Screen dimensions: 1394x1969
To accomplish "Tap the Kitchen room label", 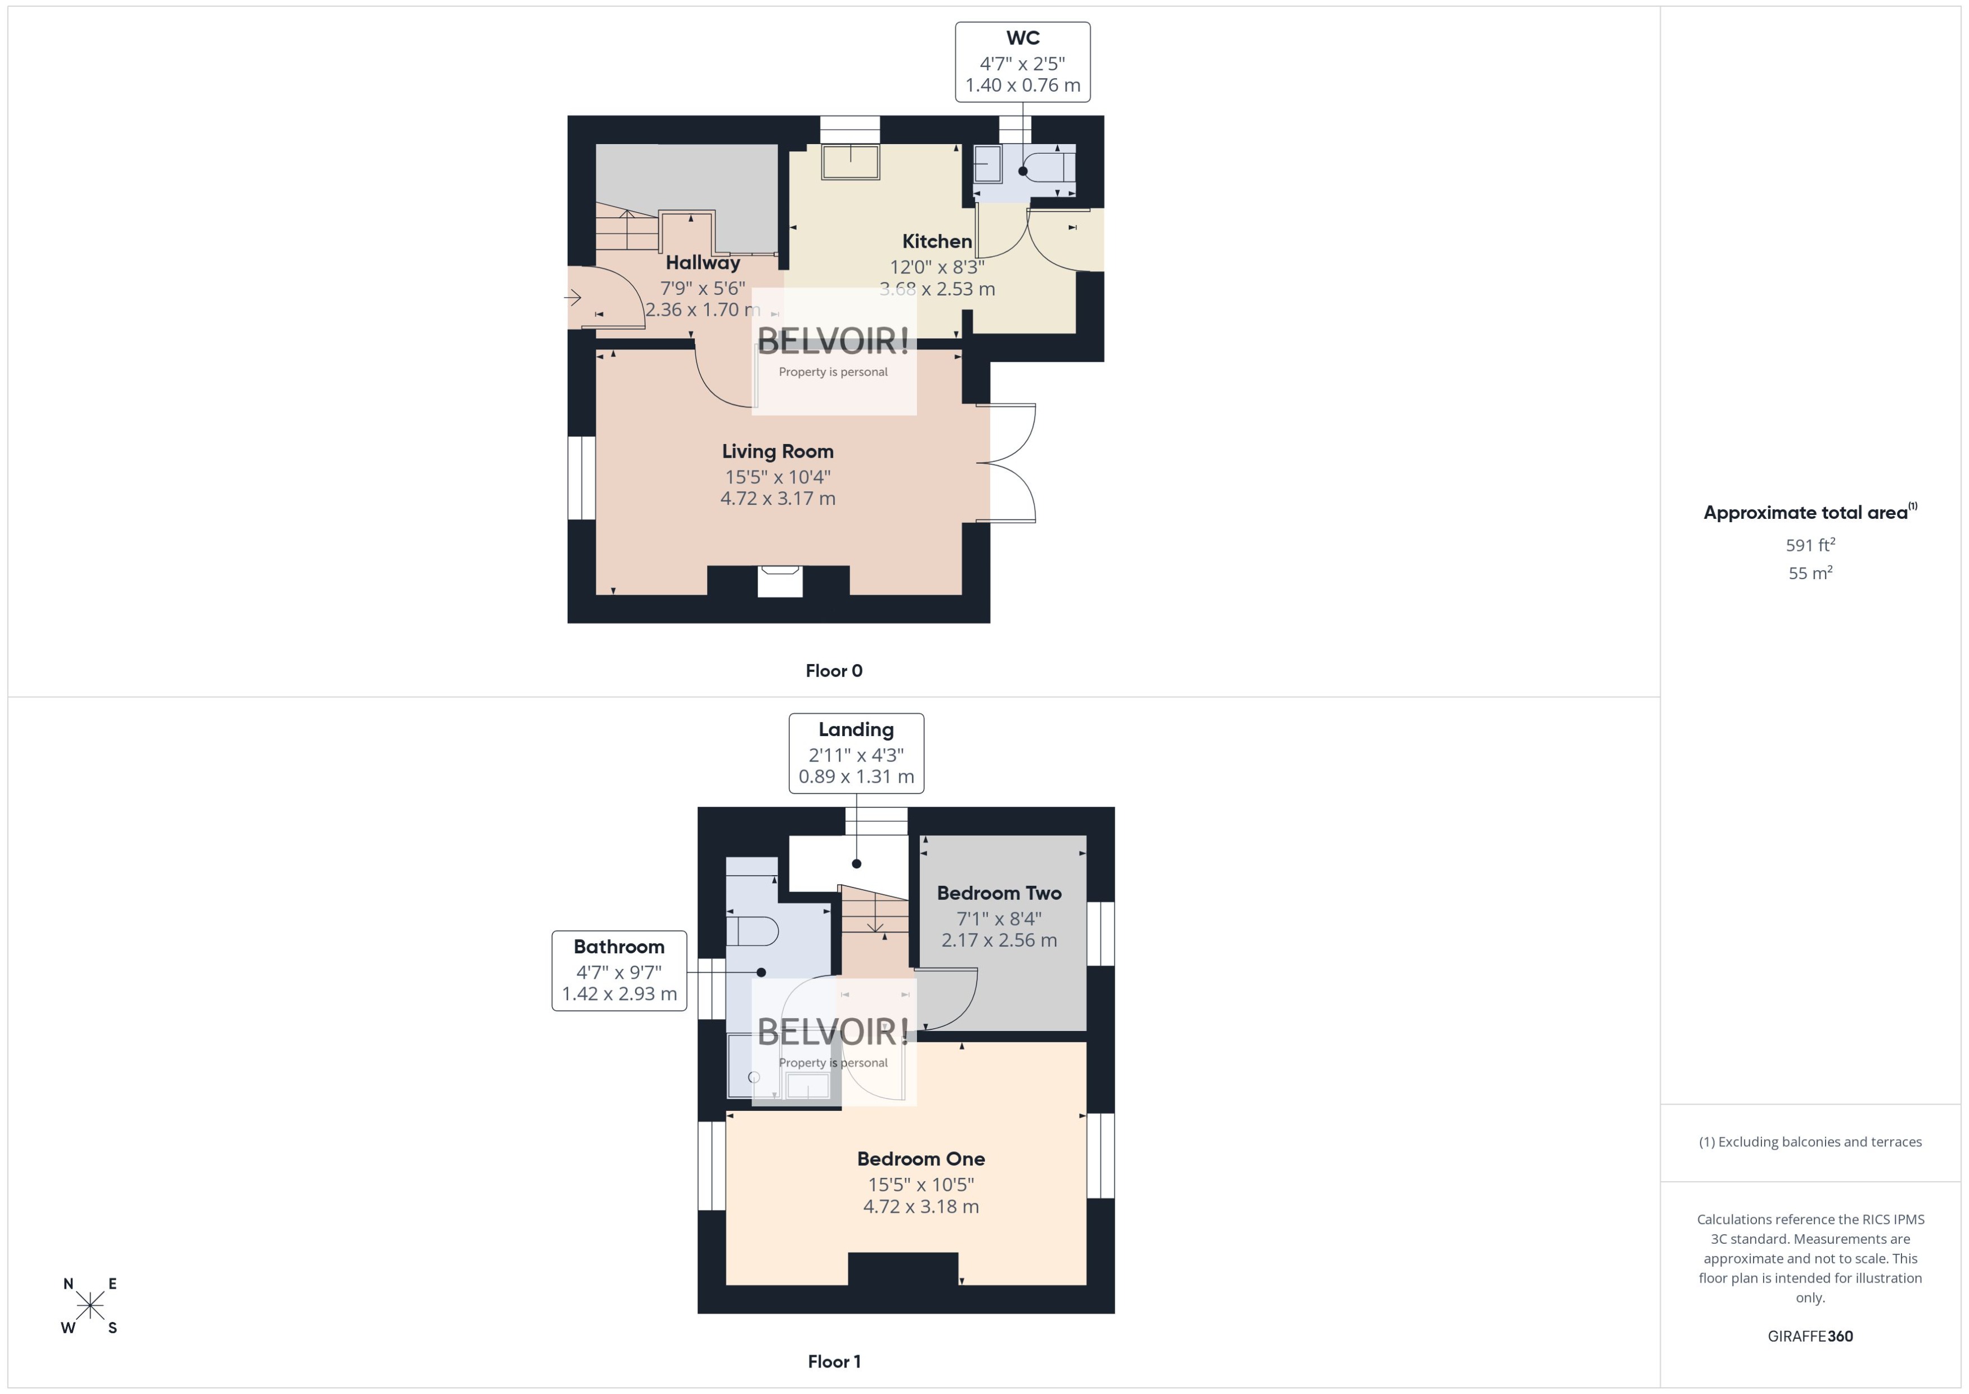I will pyautogui.click(x=936, y=241).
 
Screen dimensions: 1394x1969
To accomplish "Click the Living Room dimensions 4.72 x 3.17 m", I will pyautogui.click(x=777, y=499).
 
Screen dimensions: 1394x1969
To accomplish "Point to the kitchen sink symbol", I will pyautogui.click(x=849, y=162).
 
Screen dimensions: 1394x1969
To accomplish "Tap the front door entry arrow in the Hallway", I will pyautogui.click(x=573, y=298).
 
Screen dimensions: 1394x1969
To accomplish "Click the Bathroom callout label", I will pyautogui.click(x=619, y=970).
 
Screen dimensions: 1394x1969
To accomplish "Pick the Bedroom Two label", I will pyautogui.click(x=999, y=893).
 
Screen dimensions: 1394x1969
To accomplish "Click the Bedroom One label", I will pyautogui.click(x=920, y=1159).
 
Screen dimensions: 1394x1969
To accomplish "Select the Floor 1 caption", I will pyautogui.click(x=833, y=1361).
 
